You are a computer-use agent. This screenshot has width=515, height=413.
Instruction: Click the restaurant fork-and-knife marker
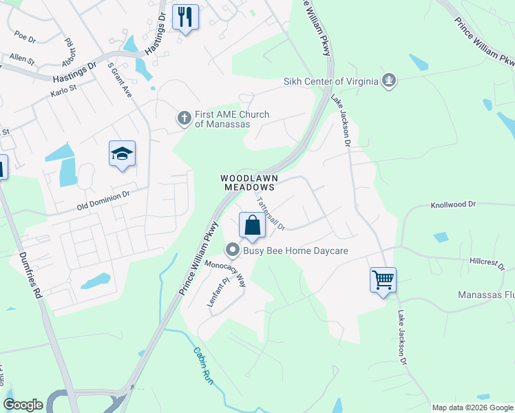coord(185,17)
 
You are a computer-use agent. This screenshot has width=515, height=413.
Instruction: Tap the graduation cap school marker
coord(122,154)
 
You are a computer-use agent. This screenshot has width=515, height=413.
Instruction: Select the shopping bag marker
coord(253,226)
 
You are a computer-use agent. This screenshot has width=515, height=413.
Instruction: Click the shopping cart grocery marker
coord(383,280)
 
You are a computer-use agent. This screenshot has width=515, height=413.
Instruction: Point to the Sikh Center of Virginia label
coord(331,81)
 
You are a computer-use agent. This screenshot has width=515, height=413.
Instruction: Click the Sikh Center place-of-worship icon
coord(389,81)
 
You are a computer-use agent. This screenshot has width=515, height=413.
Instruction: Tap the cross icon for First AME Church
coord(184,118)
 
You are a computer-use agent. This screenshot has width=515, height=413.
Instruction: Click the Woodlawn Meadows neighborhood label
coord(248,182)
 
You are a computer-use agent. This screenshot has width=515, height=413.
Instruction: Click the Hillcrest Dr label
coord(487,264)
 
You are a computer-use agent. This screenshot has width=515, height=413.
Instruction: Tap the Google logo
coord(23,405)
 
